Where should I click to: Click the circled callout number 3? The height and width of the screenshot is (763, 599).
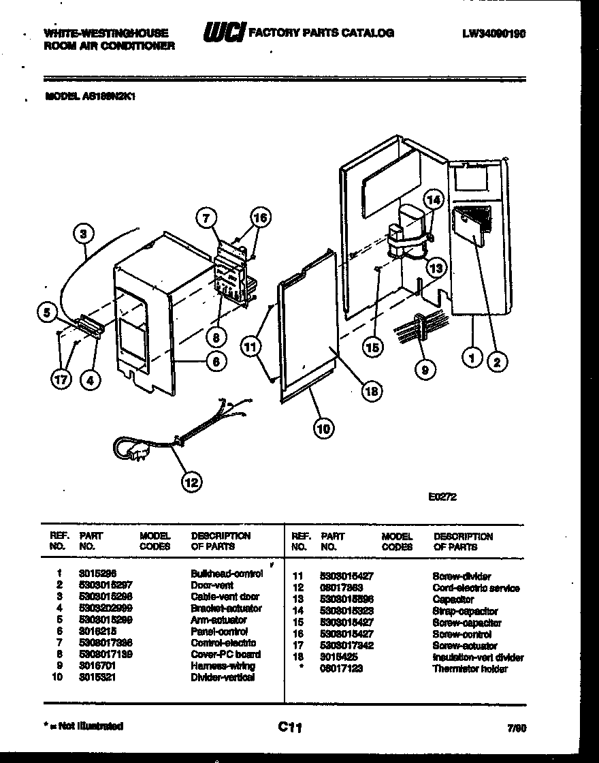point(83,234)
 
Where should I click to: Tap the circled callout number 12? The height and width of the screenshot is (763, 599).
point(191,482)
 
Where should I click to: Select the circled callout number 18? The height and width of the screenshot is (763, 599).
point(371,391)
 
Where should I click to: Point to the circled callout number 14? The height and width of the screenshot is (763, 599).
point(433,200)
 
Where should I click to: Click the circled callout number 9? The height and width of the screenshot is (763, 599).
point(425,369)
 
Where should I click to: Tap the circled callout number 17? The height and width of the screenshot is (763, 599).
point(61,379)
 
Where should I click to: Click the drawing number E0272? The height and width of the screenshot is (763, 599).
point(442,497)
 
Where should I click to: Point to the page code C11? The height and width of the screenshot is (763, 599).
point(290,728)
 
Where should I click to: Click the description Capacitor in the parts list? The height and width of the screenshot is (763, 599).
point(453,599)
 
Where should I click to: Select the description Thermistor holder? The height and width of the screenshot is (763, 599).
point(470,669)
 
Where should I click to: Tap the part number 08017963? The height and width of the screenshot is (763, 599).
point(341,588)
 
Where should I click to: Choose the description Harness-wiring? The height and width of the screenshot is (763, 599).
point(223,666)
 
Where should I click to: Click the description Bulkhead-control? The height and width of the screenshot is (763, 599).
point(227,574)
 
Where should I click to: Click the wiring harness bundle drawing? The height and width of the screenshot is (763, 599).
point(415,328)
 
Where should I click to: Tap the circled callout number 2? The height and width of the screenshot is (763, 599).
point(496,362)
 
